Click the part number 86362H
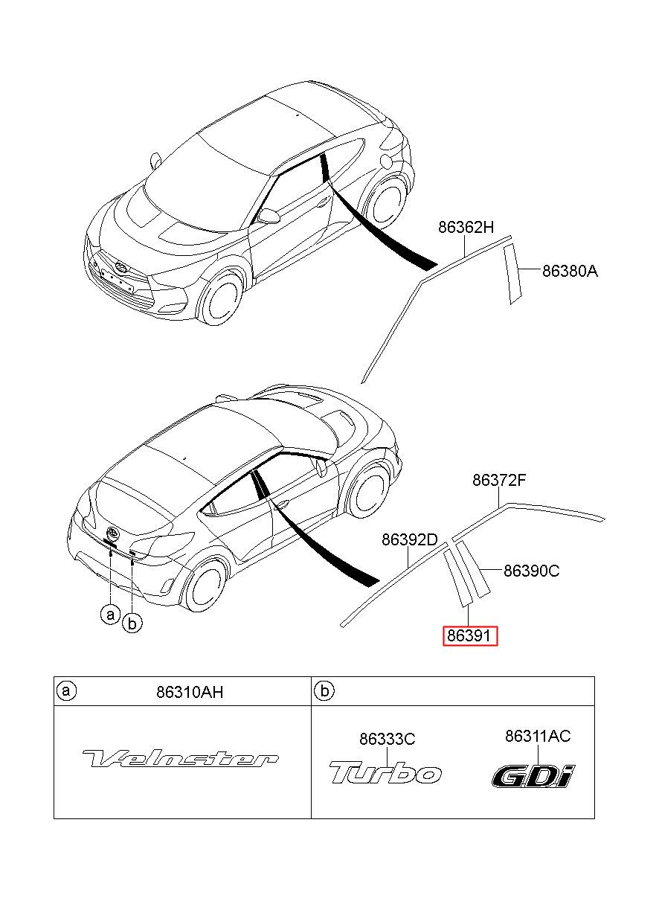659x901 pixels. click(466, 227)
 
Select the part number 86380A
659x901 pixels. click(570, 272)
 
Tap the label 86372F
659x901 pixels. click(499, 481)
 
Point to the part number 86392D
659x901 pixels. click(409, 539)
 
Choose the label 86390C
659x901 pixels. click(531, 571)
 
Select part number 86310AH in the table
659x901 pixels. click(190, 692)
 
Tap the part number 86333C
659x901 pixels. click(387, 739)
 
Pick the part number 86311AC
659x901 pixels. click(538, 736)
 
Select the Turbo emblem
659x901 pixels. click(385, 772)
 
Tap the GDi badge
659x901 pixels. click(533, 775)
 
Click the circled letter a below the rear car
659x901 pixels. click(111, 615)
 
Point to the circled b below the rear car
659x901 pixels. click(132, 623)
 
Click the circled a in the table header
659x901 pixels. click(66, 691)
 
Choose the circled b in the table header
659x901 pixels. click(324, 691)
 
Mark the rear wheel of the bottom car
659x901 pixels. click(203, 583)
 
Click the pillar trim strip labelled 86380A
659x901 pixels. click(513, 274)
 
